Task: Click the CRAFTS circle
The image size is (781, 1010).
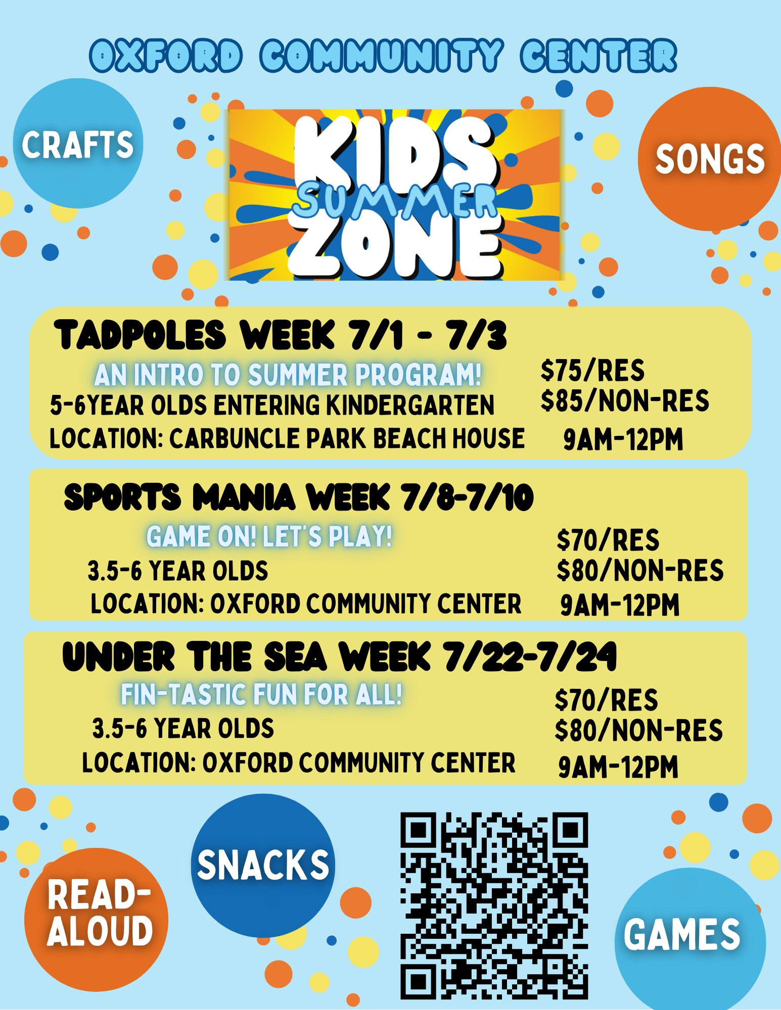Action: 78,143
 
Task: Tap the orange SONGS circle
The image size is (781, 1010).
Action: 710,159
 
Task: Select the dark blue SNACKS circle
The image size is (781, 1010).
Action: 263,866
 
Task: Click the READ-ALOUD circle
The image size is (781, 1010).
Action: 96,920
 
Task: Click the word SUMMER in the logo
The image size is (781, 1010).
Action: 395,201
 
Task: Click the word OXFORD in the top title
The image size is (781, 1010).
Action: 166,56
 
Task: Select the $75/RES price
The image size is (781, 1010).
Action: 592,371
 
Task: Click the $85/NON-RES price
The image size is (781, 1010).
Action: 625,401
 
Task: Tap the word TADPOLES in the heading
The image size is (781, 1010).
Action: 140,335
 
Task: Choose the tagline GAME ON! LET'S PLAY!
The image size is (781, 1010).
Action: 269,536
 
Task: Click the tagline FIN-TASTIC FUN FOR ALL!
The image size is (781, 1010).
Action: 261,694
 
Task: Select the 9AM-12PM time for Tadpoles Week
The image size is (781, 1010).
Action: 623,439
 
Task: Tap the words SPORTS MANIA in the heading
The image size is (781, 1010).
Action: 179,497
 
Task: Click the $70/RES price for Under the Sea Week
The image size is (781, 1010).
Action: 607,700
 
